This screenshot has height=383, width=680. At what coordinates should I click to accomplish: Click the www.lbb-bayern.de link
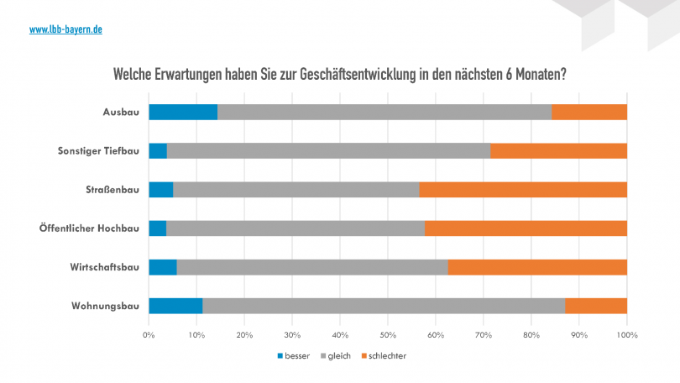pos(65,29)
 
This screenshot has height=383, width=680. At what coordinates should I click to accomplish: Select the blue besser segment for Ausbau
pos(183,113)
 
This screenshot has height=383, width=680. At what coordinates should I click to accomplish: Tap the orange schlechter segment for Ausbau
pos(589,113)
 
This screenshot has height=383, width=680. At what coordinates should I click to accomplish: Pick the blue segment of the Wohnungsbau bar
pos(175,306)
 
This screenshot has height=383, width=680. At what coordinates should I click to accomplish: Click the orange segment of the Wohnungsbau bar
pos(596,306)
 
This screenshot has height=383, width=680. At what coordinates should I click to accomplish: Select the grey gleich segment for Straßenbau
pos(296,190)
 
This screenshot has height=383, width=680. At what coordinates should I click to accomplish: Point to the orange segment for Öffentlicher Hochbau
pos(526,228)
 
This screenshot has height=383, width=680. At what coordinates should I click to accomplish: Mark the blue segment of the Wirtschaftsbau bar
pos(163,267)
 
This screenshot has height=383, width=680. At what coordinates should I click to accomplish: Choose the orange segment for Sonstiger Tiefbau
pos(558,151)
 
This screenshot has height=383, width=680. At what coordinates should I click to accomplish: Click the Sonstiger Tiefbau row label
pos(98,151)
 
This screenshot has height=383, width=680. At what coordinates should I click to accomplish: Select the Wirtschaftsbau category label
pos(104,267)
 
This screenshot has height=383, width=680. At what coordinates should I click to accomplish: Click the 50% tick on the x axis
pos(387,335)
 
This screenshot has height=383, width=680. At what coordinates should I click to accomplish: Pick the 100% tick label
pos(627,335)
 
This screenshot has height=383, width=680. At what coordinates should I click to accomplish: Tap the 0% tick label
pos(149,335)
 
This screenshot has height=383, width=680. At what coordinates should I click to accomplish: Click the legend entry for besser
pos(293,356)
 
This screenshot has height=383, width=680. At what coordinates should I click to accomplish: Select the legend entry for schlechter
pos(384,356)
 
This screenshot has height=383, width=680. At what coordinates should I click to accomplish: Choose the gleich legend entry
pos(335,356)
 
